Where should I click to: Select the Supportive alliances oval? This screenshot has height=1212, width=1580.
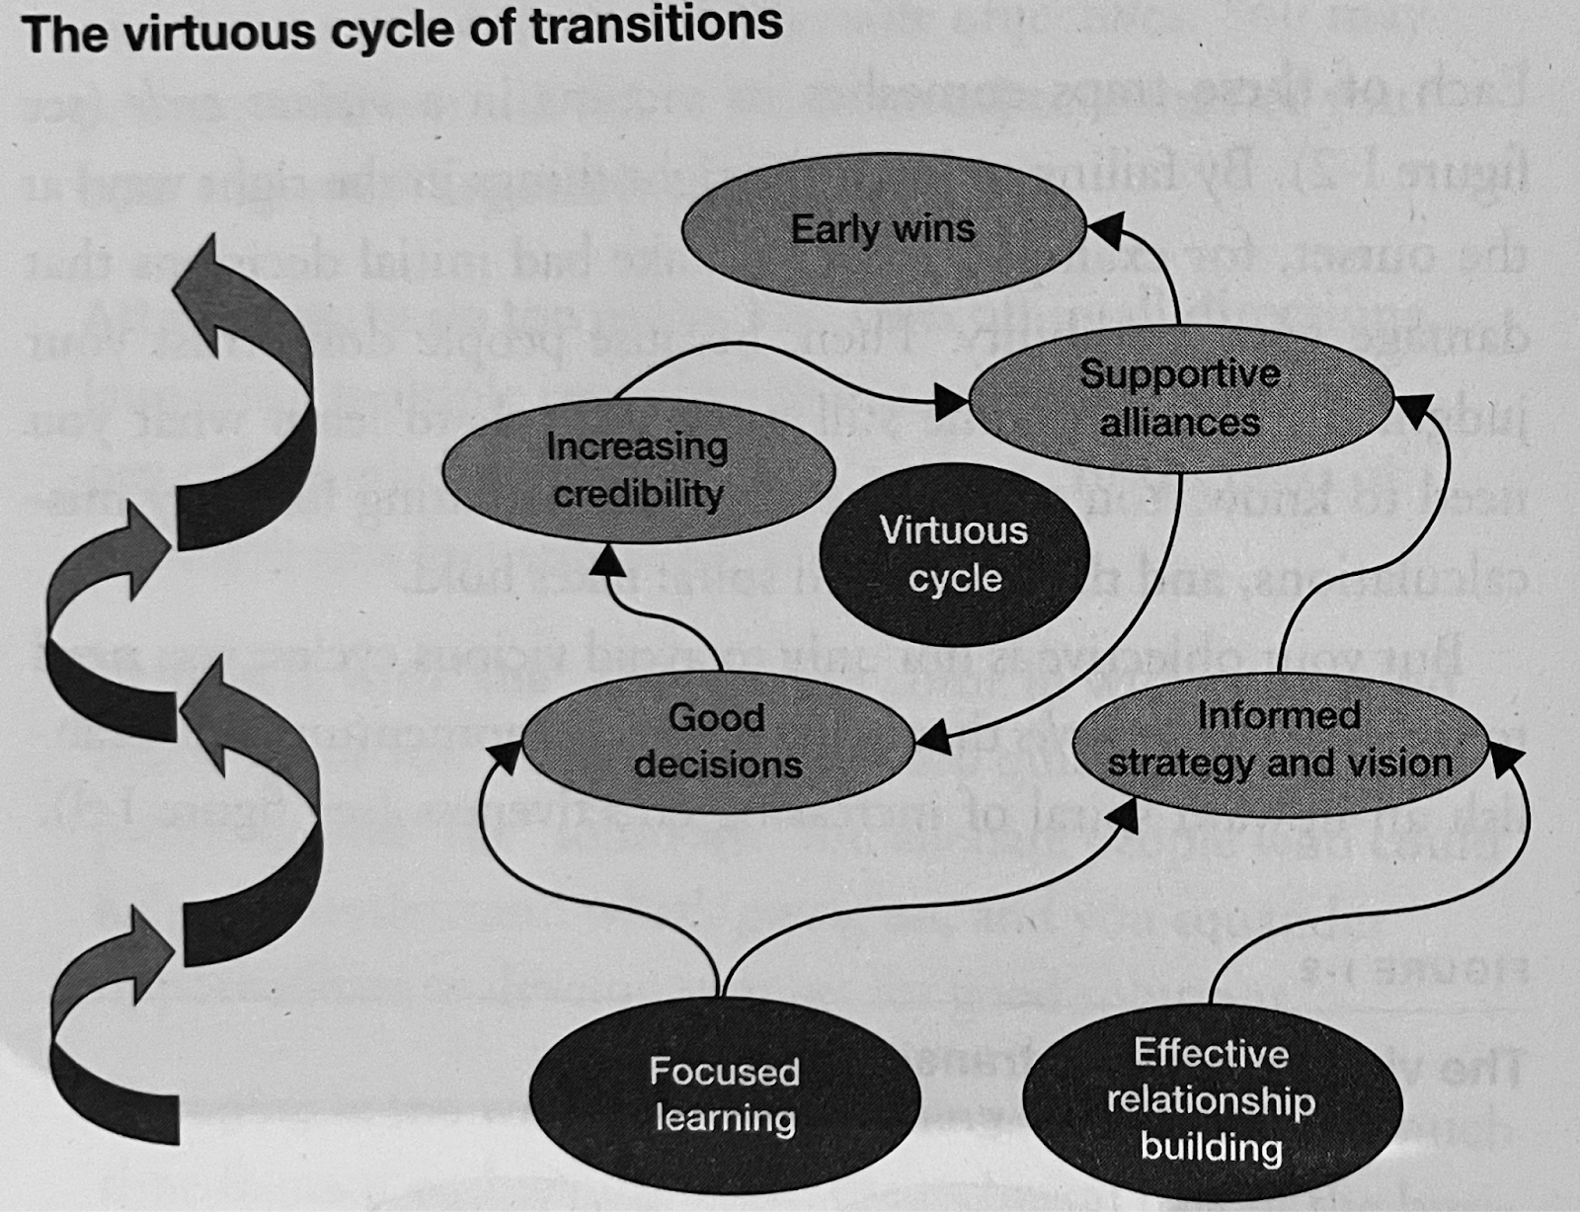tap(1179, 397)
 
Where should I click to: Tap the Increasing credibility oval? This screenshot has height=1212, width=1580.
tap(637, 470)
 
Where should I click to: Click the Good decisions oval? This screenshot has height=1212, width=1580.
tap(718, 741)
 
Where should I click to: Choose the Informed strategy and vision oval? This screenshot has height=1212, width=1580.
tap(1280, 739)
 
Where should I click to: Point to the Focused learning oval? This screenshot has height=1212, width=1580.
tap(725, 1094)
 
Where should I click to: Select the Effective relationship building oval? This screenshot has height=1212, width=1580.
tap(1212, 1099)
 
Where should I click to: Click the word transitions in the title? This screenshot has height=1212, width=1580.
tap(656, 27)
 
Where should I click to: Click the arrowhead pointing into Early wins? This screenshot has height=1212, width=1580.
tap(1104, 229)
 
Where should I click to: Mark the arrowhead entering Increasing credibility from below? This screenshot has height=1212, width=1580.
tap(607, 562)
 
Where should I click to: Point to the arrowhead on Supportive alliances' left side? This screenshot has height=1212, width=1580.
tap(952, 401)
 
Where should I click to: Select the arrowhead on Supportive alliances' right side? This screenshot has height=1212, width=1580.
tap(1414, 407)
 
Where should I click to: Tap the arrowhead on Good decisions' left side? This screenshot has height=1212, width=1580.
tap(504, 757)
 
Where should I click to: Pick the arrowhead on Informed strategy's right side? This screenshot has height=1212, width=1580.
tap(1505, 759)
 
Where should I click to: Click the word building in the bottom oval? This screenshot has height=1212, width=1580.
tap(1211, 1147)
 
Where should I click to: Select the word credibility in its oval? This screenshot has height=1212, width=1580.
tap(638, 493)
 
